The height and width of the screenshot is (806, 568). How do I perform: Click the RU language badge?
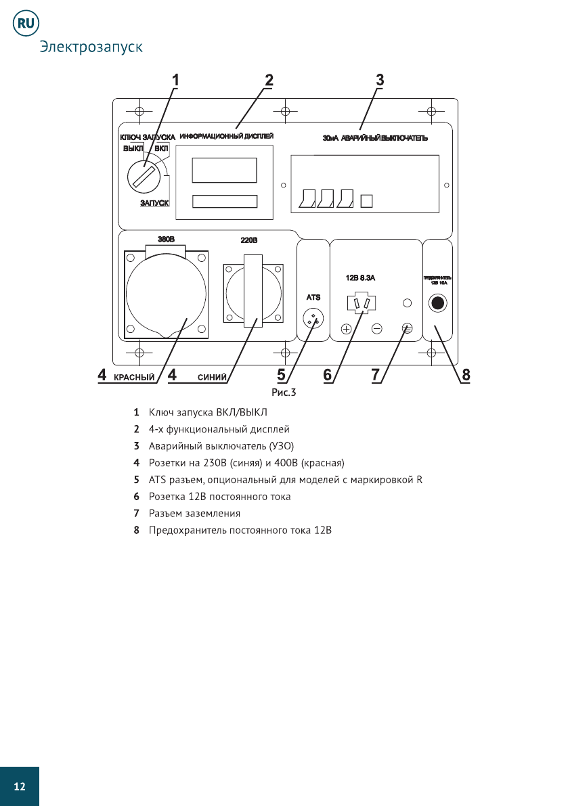(x=26, y=23)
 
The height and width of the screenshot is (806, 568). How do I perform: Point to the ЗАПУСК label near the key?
(x=154, y=202)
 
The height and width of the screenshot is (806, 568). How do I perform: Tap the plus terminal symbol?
(x=346, y=329)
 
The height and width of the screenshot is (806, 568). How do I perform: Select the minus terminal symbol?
(x=377, y=329)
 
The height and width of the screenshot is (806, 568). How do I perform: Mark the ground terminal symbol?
(x=407, y=328)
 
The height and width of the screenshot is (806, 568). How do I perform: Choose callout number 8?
(x=466, y=374)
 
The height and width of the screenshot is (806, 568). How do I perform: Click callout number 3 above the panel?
(x=380, y=80)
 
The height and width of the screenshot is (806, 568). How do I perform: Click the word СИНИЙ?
(x=211, y=377)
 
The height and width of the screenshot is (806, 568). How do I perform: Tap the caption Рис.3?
(x=284, y=392)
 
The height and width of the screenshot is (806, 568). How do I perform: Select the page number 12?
(x=20, y=786)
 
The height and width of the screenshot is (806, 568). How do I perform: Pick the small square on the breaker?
(x=367, y=200)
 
